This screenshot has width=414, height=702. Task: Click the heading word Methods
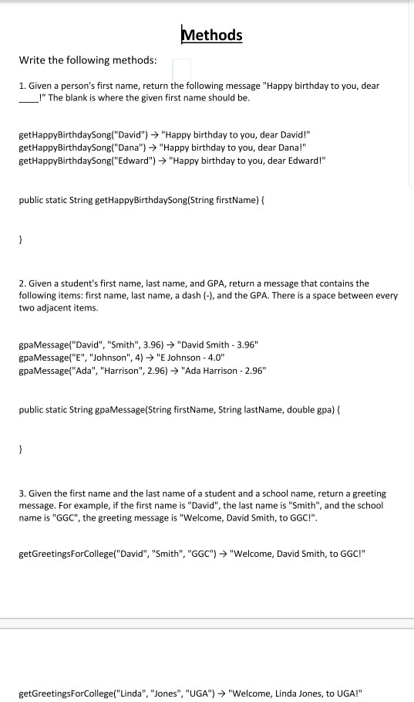point(211,35)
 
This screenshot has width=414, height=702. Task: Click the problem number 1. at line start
point(22,86)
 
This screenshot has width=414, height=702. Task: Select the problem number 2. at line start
point(22,283)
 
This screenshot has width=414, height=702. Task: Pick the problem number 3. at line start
point(22,493)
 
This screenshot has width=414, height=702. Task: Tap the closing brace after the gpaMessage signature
point(21,449)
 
